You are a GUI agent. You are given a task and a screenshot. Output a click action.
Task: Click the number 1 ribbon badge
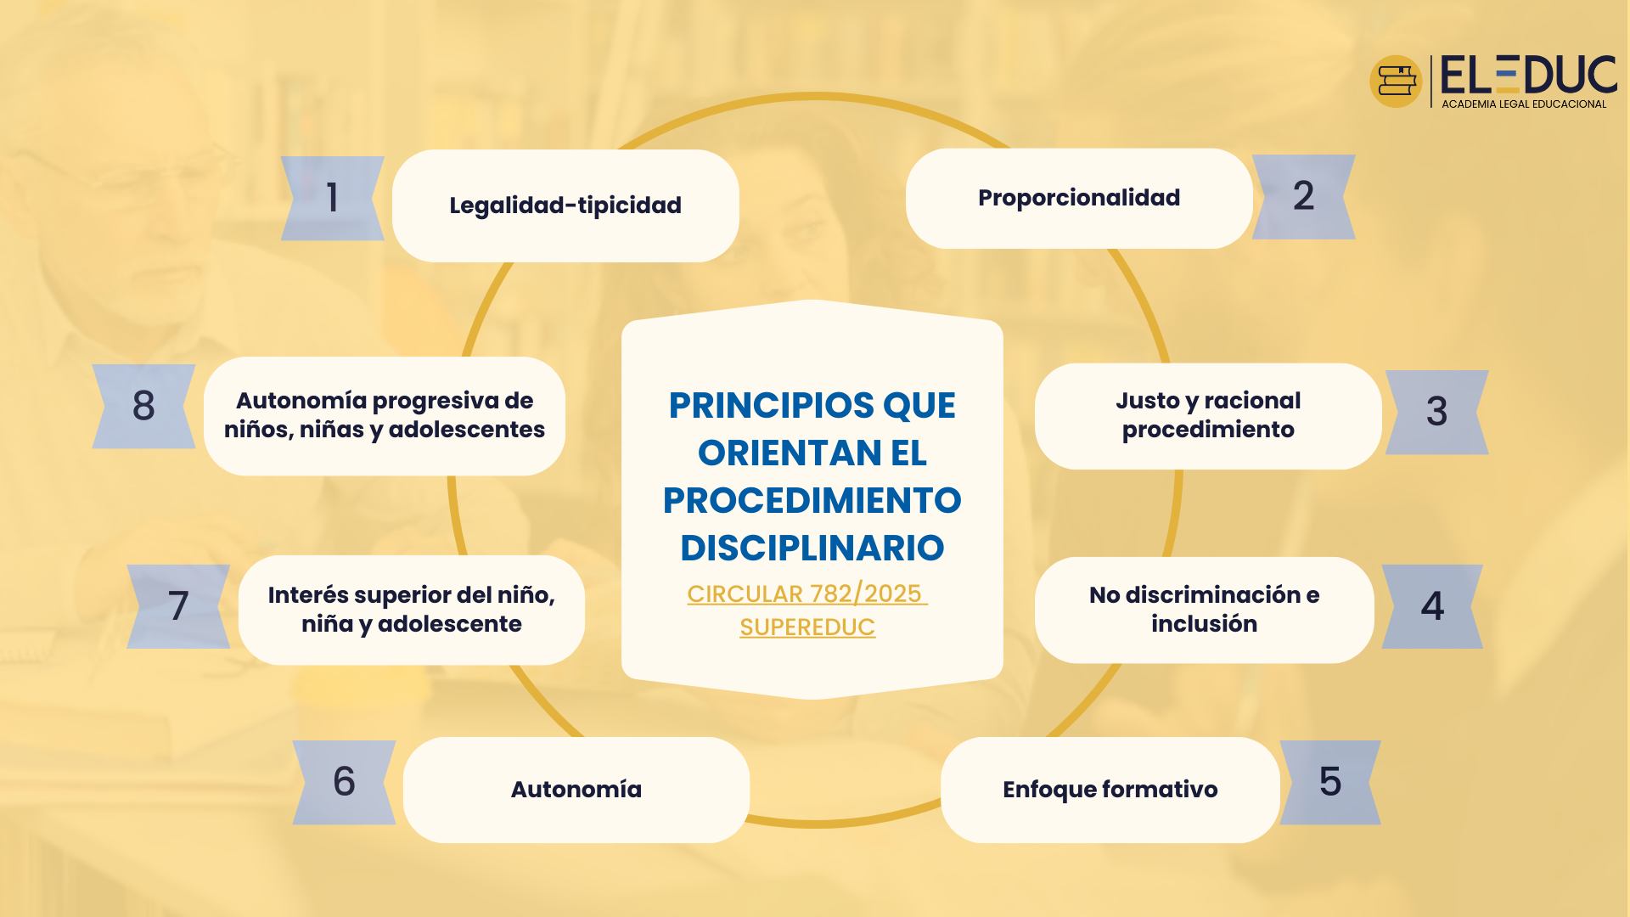pyautogui.click(x=333, y=198)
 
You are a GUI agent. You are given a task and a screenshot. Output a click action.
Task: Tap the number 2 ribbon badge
pyautogui.click(x=1303, y=197)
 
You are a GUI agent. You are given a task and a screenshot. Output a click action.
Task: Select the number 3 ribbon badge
pyautogui.click(x=1436, y=412)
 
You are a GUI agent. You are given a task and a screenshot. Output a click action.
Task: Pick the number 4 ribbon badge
pyautogui.click(x=1432, y=606)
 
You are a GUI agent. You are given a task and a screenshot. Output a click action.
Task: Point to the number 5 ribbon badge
pyautogui.click(x=1330, y=782)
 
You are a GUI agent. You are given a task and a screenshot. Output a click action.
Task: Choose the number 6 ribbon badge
pyautogui.click(x=344, y=782)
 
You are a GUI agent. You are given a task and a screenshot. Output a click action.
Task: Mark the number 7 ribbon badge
pyautogui.click(x=178, y=606)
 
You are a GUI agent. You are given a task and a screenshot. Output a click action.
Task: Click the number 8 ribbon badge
pyautogui.click(x=143, y=406)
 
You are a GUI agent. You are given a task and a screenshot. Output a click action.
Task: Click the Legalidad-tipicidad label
pyautogui.click(x=565, y=205)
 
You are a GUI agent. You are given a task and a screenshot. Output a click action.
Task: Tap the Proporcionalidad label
pyautogui.click(x=1079, y=198)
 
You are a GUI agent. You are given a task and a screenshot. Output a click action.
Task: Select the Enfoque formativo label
pyautogui.click(x=1110, y=790)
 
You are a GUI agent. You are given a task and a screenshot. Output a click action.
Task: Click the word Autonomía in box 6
pyautogui.click(x=576, y=789)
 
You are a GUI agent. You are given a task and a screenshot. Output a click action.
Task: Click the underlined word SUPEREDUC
pyautogui.click(x=807, y=627)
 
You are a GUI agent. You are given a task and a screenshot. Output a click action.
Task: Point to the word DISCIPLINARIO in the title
pyautogui.click(x=812, y=548)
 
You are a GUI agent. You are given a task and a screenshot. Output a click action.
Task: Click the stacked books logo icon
pyautogui.click(x=1396, y=82)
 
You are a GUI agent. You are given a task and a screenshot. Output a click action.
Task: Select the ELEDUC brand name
pyautogui.click(x=1529, y=75)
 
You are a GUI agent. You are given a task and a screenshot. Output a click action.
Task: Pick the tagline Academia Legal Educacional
pyautogui.click(x=1524, y=104)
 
